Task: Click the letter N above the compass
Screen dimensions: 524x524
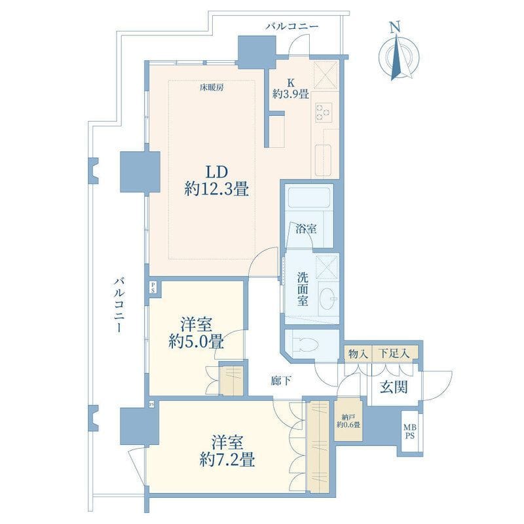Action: (396, 27)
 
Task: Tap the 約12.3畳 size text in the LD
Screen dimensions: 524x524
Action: (216, 190)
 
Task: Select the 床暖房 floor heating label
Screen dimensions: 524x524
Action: (212, 88)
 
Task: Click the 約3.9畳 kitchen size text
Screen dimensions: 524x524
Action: (290, 94)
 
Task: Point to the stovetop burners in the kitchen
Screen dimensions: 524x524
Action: (324, 111)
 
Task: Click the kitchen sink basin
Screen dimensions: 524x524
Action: (323, 157)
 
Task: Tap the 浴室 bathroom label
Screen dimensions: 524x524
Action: (306, 229)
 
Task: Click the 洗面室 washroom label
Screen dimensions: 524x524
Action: (303, 290)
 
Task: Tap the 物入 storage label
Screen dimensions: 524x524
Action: (358, 354)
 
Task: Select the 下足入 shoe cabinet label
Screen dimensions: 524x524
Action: (395, 354)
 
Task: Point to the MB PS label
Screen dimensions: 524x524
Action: (410, 432)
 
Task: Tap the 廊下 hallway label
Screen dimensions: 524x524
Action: (280, 381)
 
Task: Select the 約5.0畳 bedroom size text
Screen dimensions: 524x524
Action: (196, 341)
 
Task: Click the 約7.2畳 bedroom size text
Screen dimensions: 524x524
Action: (227, 460)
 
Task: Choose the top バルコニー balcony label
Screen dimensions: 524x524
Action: (292, 26)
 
